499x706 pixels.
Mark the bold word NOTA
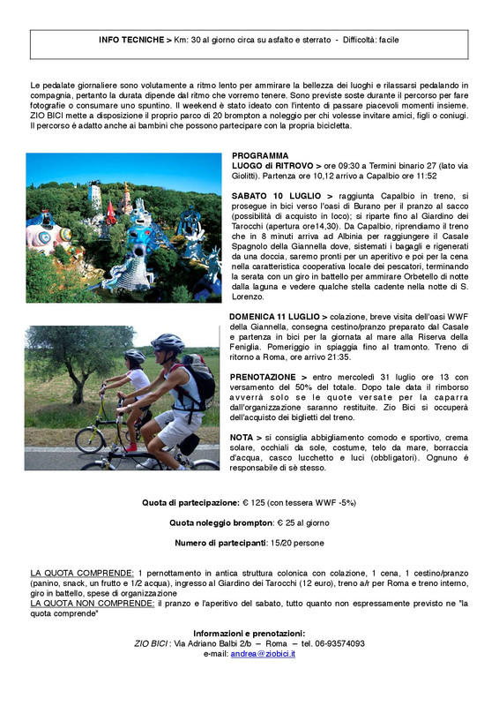click(244, 437)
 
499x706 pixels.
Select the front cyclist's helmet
click(168, 342)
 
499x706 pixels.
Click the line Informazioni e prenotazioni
click(249, 633)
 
